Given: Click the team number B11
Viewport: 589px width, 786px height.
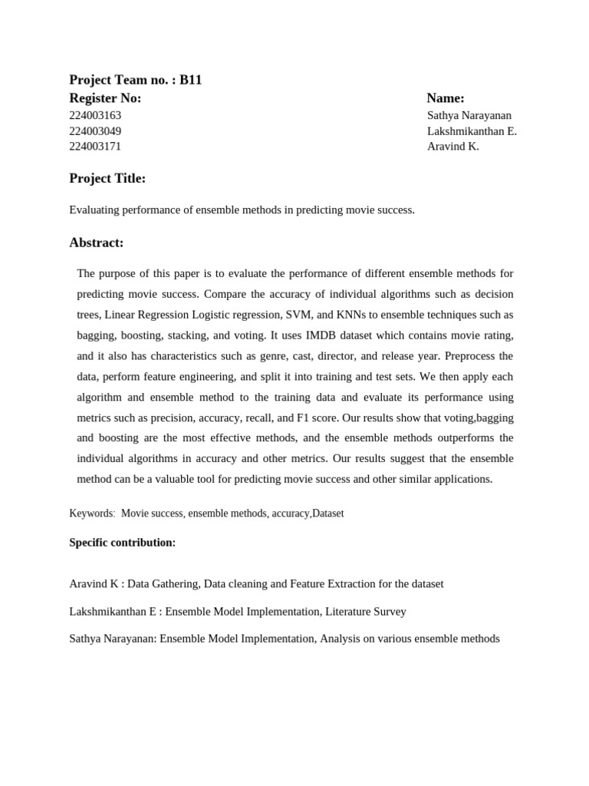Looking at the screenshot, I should pyautogui.click(x=190, y=80).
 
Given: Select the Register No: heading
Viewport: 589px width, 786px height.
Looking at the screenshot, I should pyautogui.click(x=105, y=98).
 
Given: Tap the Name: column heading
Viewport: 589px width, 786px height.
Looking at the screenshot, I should pyautogui.click(x=446, y=98).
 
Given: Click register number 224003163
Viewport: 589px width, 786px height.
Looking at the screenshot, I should pyautogui.click(x=95, y=115).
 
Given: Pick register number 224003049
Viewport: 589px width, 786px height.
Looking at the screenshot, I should pyautogui.click(x=95, y=131).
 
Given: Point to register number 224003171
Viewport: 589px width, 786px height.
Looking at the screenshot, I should pyautogui.click(x=95, y=147).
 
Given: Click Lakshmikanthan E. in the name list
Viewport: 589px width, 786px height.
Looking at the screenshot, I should pyautogui.click(x=472, y=131).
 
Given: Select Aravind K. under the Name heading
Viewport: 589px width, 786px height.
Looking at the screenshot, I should pyautogui.click(x=452, y=147).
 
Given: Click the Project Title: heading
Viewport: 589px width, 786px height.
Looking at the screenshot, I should pyautogui.click(x=107, y=179).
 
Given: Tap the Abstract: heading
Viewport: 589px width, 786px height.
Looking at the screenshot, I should pyautogui.click(x=97, y=243).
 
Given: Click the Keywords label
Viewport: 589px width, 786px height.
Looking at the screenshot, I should pyautogui.click(x=91, y=514).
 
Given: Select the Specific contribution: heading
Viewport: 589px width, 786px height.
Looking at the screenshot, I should pyautogui.click(x=123, y=543).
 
